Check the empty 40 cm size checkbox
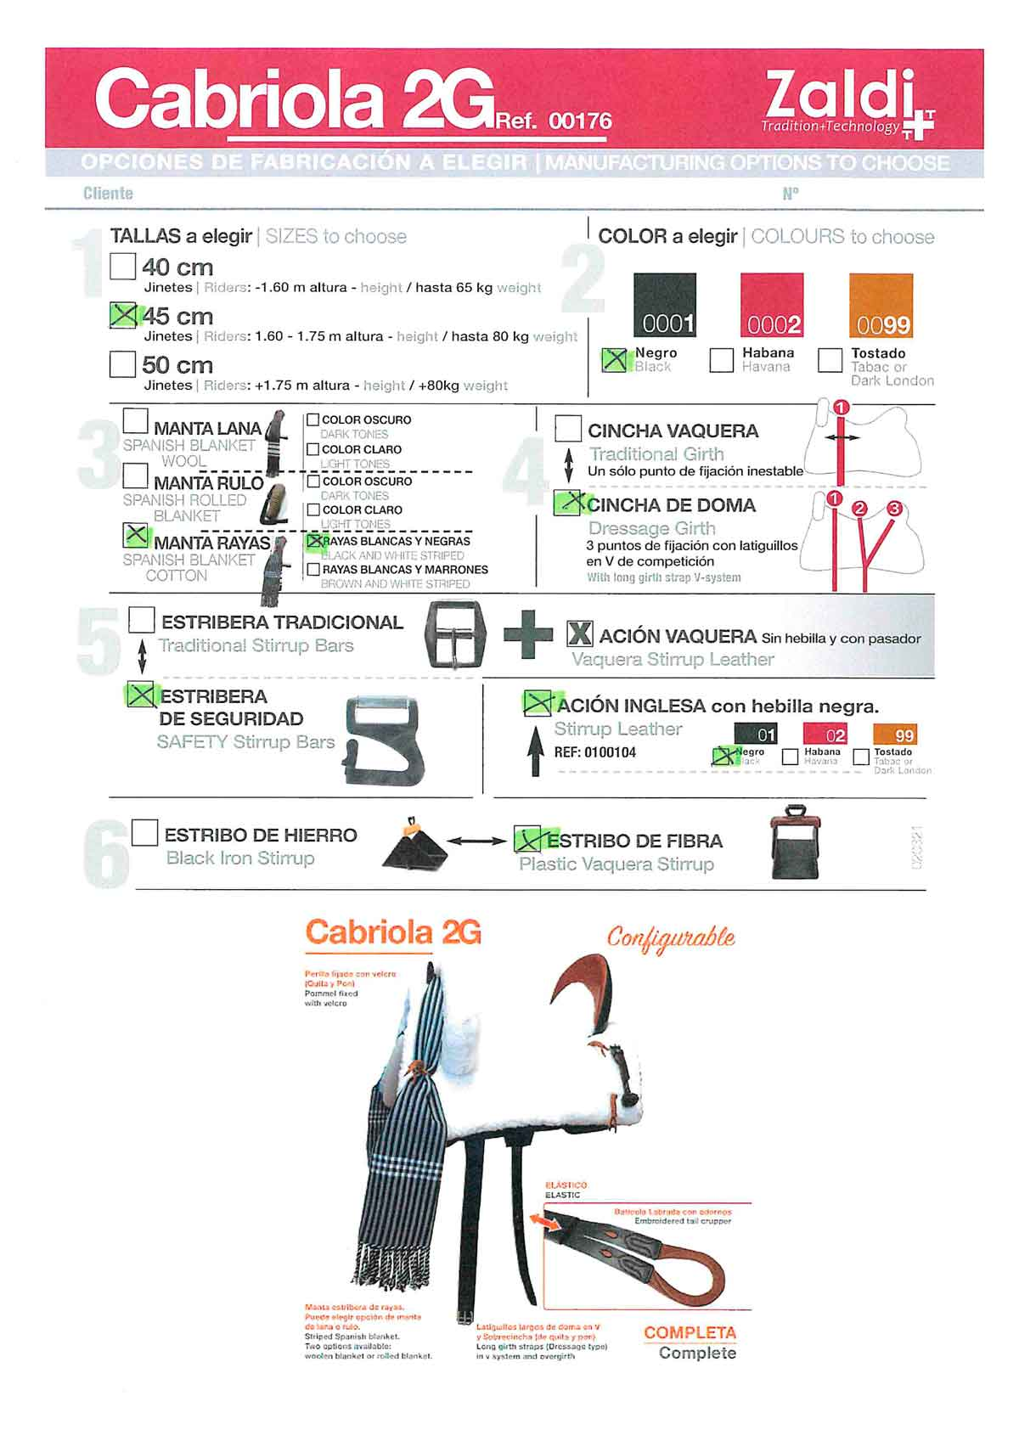click(123, 267)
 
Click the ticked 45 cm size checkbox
click(123, 316)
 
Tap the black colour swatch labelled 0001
click(665, 305)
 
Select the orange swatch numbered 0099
click(881, 305)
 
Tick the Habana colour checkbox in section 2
click(721, 360)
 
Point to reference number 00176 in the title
click(580, 121)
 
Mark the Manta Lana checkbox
click(136, 421)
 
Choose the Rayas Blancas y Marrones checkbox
click(313, 570)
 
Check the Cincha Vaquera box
click(568, 429)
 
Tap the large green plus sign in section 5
click(528, 636)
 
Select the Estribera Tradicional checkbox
click(142, 620)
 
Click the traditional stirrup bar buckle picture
click(455, 636)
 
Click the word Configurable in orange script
click(671, 938)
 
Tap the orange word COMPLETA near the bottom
click(690, 1333)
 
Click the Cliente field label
click(108, 194)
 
